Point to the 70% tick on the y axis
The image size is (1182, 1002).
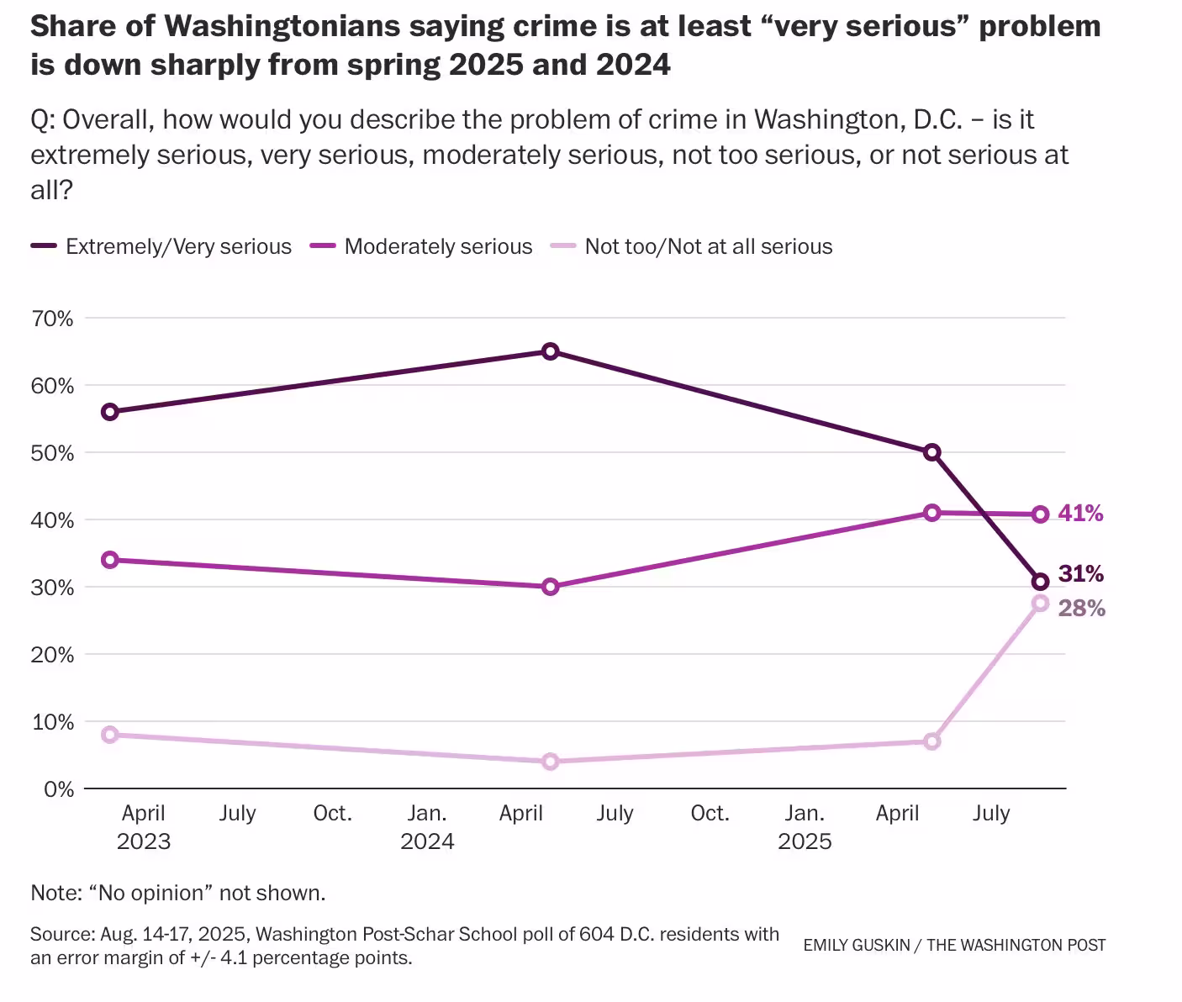(53, 319)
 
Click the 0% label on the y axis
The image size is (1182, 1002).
(59, 789)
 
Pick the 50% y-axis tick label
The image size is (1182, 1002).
(53, 453)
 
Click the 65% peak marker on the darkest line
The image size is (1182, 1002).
(550, 351)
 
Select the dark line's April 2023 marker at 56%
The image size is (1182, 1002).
(109, 412)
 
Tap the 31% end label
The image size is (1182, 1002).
(1081, 574)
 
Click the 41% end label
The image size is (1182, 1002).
(1081, 513)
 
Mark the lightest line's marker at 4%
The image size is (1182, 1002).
(550, 762)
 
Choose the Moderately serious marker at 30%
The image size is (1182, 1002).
(550, 587)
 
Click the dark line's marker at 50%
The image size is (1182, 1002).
(931, 452)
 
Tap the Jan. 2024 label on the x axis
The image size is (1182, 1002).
(427, 827)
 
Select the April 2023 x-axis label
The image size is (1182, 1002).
(144, 827)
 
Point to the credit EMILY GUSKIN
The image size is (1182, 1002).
(856, 945)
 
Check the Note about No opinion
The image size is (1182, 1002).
(177, 893)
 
